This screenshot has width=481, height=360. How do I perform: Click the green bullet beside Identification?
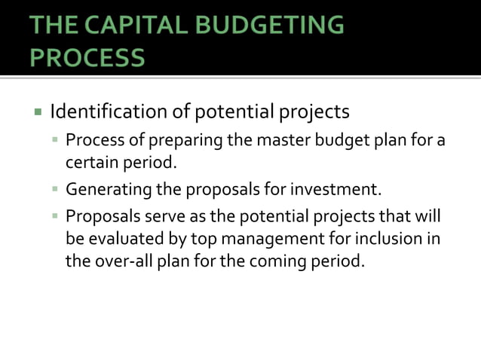[37, 113]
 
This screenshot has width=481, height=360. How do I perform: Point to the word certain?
[90, 161]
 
